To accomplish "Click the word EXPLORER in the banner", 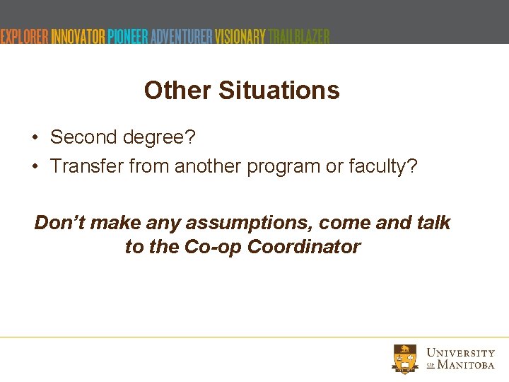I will point(24,36).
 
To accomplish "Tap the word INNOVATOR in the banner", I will point(78,36).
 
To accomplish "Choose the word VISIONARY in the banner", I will point(240,36).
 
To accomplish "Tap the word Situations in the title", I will point(279,91).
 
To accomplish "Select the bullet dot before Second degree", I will point(35,137).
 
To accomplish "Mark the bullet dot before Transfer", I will point(35,166).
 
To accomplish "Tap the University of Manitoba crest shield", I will point(405,358).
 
